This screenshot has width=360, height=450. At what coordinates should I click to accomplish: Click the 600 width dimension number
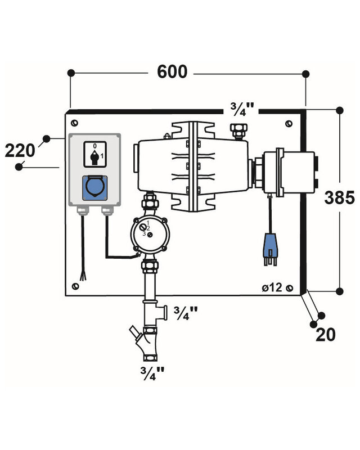pos(172,73)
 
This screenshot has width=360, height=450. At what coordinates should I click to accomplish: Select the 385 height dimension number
pos(340,198)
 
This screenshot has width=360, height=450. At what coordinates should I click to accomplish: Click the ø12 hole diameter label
pos(272,288)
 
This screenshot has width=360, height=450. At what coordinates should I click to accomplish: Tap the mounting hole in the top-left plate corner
pos(74,122)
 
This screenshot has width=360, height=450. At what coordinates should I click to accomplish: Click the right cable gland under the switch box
pos(107,211)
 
